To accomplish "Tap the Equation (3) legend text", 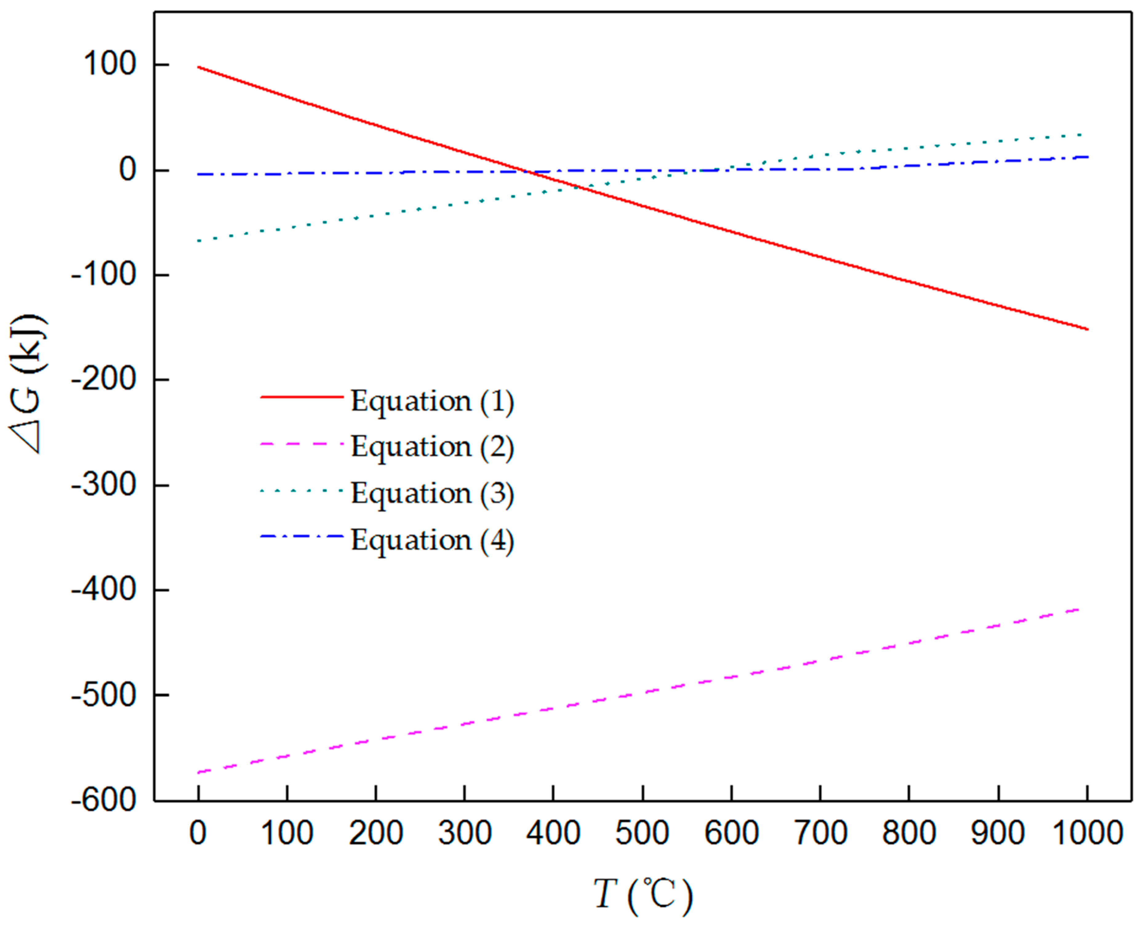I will point(432,493).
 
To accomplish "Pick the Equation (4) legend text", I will point(432,540).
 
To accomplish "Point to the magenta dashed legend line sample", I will point(302,443).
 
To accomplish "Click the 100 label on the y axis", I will point(109,65).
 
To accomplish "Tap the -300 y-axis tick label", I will point(104,485).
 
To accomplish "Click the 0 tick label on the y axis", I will point(128,170).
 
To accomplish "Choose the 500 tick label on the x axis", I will point(642,832).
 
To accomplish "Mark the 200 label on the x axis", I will point(376,832).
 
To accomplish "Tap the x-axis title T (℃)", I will point(642,895).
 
